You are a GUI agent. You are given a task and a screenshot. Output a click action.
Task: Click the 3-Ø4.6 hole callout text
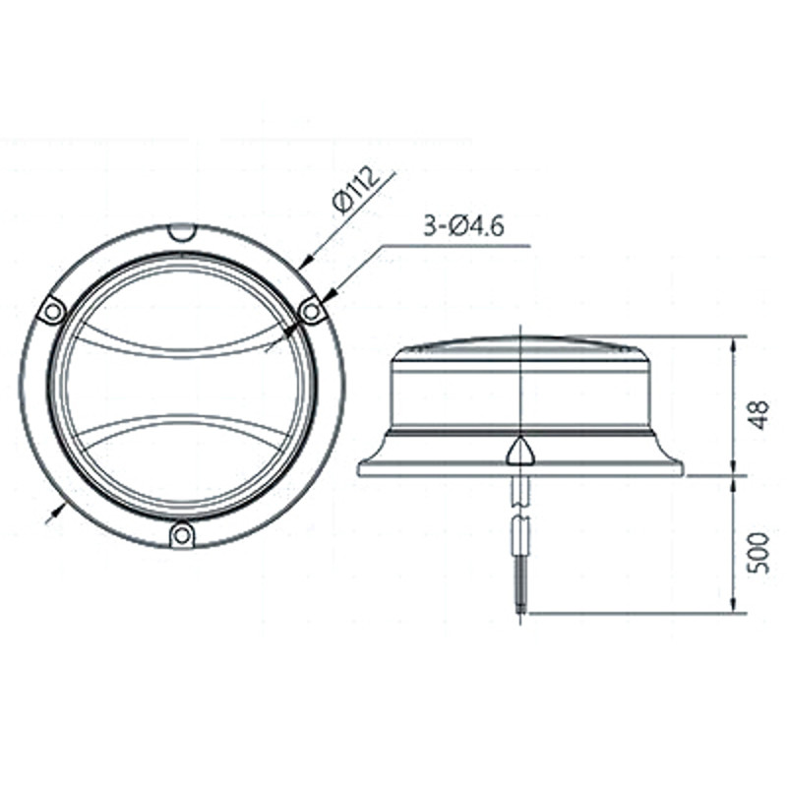(x=463, y=228)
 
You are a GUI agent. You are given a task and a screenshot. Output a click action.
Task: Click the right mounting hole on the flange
(x=312, y=312)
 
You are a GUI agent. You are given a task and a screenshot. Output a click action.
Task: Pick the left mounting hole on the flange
(x=51, y=311)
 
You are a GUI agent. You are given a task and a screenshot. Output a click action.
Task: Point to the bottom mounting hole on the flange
(x=182, y=535)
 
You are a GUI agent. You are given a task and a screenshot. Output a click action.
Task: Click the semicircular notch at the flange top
(x=182, y=232)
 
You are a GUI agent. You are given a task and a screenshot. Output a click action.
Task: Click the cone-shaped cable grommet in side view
(x=520, y=453)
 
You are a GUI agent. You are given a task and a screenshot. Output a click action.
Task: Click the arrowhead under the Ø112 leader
(x=303, y=262)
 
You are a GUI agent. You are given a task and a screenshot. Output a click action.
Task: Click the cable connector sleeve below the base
(x=520, y=536)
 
